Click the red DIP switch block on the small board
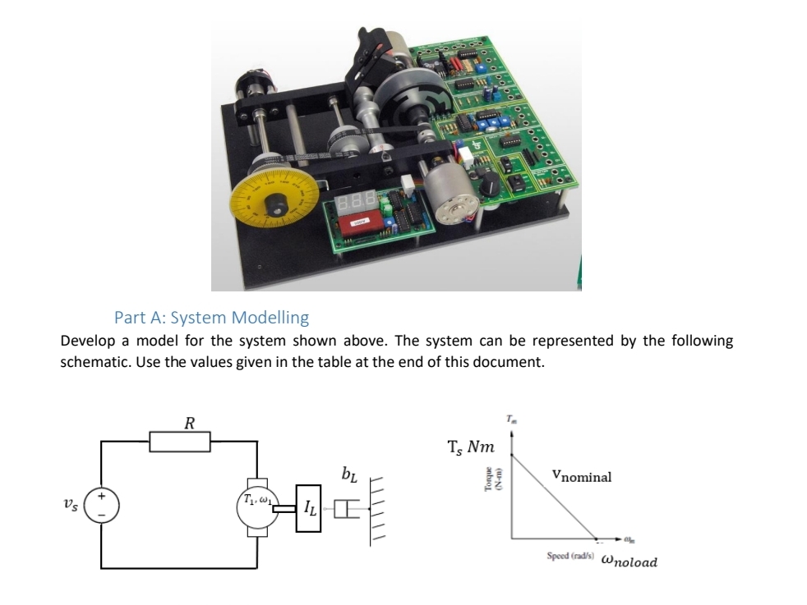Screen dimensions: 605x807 coord(358,222)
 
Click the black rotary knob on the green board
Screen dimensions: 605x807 coord(491,184)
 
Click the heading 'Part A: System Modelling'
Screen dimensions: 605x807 coord(211,317)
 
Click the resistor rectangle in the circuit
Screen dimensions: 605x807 coord(180,442)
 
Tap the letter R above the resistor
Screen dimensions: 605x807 coord(189,424)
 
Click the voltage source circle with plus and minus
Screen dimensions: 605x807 coord(101,502)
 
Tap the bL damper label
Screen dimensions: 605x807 coord(348,474)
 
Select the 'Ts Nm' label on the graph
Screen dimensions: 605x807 coord(471,447)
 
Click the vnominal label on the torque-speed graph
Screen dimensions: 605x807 coord(582,476)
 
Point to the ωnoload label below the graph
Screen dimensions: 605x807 coord(629,561)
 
